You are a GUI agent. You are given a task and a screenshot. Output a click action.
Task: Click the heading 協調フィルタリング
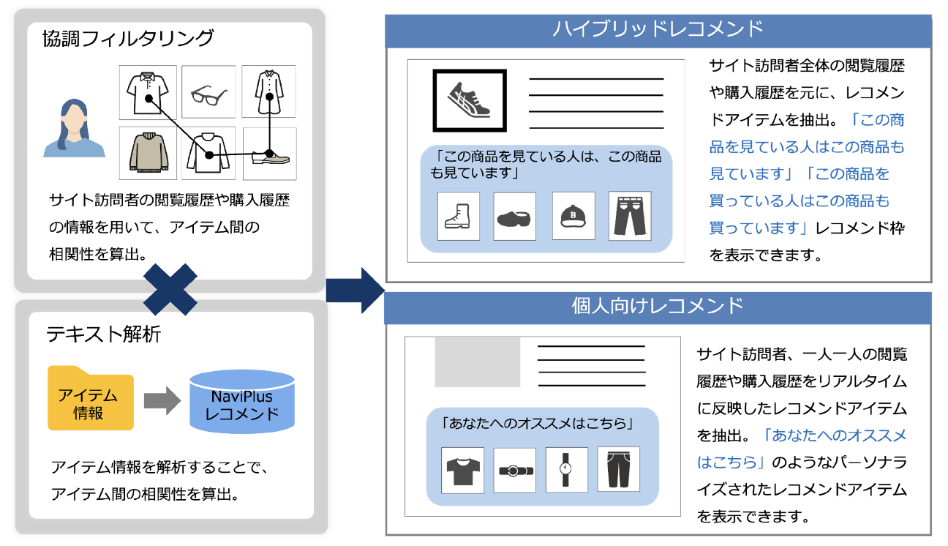128,39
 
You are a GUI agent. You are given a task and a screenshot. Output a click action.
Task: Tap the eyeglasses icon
208,93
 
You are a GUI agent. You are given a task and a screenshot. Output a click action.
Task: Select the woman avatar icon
73,130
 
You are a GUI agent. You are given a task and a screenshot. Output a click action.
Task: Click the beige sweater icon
148,153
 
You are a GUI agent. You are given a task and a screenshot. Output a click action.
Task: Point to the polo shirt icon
148,92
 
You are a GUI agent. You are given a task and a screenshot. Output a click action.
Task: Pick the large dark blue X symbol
170,288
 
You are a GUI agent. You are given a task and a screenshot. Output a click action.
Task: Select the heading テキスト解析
104,334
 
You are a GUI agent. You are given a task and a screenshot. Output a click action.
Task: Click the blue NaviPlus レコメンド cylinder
241,404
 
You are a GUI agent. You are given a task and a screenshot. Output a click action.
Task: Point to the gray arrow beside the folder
162,400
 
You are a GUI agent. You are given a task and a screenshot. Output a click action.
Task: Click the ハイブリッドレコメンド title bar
658,29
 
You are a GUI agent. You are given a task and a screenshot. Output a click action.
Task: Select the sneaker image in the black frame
470,100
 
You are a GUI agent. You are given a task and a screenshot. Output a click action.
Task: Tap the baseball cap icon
573,216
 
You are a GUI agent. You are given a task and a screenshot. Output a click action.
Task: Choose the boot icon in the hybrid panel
458,216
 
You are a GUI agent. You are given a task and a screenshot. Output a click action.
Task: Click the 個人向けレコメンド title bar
658,306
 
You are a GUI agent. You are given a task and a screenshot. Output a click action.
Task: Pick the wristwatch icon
565,469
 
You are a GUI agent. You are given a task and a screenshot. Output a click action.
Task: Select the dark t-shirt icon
462,469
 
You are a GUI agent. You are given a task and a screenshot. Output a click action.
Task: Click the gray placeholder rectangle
478,362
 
